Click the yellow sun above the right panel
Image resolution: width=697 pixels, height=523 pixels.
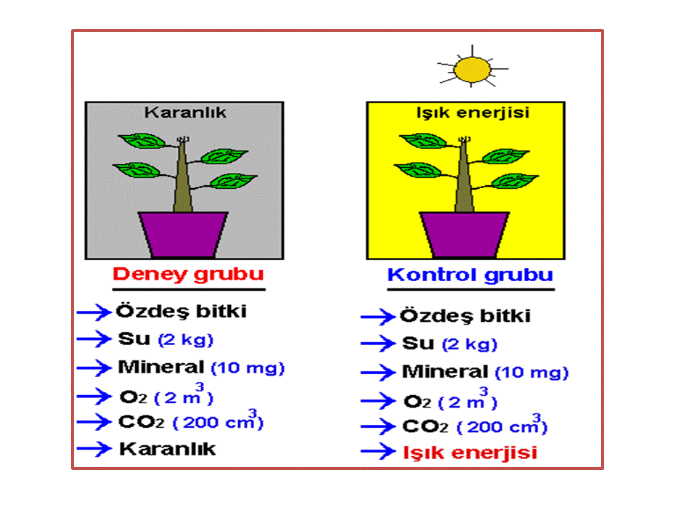coord(472,70)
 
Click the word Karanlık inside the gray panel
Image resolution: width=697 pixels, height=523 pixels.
coord(185,113)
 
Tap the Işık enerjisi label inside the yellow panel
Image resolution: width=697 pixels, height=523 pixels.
coord(473,113)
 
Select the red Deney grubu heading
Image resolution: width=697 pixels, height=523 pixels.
coord(188,275)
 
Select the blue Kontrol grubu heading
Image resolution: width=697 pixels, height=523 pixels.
coord(470,275)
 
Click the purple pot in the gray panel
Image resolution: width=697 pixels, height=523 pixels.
coord(183,235)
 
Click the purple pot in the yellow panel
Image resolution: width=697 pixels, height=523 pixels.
coord(465,235)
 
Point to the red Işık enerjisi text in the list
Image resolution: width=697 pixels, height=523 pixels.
coord(470,453)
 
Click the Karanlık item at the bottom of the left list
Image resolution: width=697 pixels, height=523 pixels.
coord(167,449)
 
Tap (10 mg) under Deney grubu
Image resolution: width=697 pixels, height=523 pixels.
coord(248,368)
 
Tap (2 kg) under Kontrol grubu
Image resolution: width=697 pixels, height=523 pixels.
coord(470,344)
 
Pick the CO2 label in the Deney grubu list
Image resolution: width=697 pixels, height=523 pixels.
coord(142,422)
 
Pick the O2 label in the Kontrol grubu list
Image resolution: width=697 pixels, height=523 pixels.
coord(417,402)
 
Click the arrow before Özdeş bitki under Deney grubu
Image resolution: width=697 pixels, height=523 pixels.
coord(94,312)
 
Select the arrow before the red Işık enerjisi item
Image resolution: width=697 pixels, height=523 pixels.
coord(378,452)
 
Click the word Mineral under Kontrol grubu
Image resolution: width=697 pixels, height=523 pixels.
coord(445,372)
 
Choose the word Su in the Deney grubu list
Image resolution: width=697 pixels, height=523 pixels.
coord(134,339)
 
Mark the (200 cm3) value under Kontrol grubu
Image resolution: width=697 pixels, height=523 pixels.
coord(502,425)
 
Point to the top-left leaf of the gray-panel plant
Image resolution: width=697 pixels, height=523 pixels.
coord(142,141)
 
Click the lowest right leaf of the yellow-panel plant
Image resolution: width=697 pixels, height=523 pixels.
coord(515,181)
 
